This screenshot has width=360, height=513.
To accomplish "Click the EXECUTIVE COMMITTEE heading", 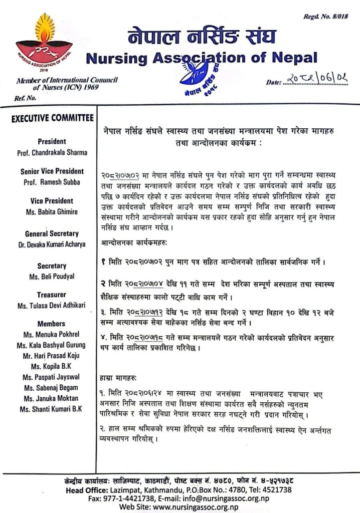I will pos(52,119).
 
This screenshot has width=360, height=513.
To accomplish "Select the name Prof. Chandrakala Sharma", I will pos(52,152).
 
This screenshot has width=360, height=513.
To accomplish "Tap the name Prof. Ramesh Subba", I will pos(52,182).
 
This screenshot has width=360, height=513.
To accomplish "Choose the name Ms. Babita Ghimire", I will pos(52,212).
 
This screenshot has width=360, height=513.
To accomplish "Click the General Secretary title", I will pos(52,233).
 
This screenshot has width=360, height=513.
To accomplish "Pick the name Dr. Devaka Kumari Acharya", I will pos(52,244).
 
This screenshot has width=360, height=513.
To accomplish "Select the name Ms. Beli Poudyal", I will pos(52,277).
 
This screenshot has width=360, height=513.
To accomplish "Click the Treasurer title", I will pos(52,295).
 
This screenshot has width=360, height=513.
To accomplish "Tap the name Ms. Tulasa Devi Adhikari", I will pos(52,306).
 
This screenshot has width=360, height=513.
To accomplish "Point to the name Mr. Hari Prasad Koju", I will pos(52,356).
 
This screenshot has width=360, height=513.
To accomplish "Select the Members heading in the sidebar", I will pos(52,324).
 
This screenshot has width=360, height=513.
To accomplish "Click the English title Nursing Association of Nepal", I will pos(202,59).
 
